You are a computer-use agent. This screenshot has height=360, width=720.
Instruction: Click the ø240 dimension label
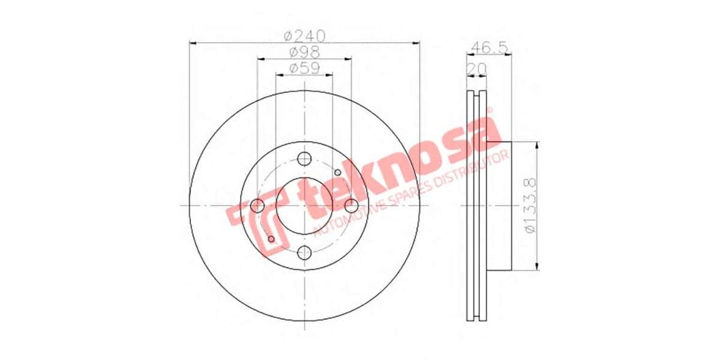coord(304,36)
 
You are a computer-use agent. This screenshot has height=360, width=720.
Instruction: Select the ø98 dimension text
coord(304,52)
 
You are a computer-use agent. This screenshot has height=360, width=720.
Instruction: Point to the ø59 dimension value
coord(304,68)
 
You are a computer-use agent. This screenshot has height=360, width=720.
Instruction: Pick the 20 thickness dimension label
coord(477,68)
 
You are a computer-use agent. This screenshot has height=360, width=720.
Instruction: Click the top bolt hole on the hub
coord(305,159)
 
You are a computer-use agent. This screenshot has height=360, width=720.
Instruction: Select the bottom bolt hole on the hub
coord(305,252)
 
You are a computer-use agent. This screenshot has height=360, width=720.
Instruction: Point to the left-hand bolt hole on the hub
coord(257,206)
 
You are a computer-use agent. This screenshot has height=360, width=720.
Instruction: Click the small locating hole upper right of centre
coord(338,173)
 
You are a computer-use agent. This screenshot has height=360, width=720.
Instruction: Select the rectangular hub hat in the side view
coord(498,206)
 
